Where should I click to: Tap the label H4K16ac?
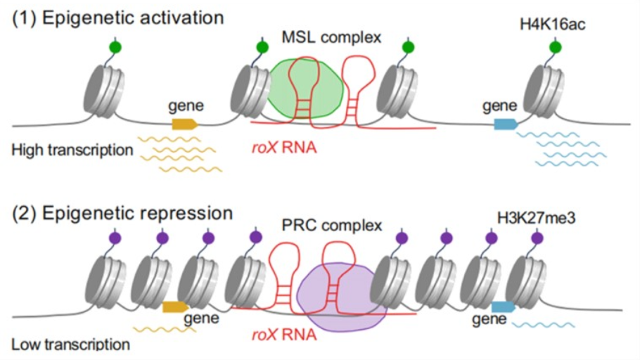[x=554, y=26]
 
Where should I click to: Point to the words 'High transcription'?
[x=72, y=149]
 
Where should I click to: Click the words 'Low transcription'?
[x=70, y=345]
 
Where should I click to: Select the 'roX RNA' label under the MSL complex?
[x=281, y=147]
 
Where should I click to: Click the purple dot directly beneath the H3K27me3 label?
[x=537, y=238]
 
